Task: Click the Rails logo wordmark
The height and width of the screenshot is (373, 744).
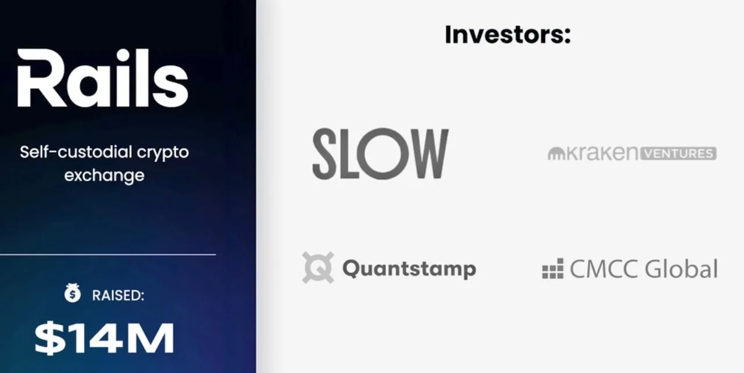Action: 103,78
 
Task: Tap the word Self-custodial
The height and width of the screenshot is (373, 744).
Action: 76,152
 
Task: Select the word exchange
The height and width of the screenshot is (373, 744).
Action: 104,176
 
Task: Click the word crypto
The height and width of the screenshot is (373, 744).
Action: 163,153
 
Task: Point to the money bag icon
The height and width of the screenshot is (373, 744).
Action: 73,292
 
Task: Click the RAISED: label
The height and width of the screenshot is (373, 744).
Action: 118,295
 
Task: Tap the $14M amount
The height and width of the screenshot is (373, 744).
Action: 104,338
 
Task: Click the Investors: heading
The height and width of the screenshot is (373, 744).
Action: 508,34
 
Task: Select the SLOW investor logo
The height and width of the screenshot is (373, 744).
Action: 381,153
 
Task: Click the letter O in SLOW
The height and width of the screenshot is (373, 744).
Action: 380,153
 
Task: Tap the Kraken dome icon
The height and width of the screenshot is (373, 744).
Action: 556,153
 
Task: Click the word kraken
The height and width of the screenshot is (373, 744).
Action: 602,153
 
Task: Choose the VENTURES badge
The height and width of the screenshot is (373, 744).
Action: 678,153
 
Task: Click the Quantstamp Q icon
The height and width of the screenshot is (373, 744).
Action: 318,267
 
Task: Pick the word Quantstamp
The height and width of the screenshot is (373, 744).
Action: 409,268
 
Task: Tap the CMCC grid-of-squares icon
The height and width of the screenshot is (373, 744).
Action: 553,268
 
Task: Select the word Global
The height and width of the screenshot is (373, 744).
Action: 681,268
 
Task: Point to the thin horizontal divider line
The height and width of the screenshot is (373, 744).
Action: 108,255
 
